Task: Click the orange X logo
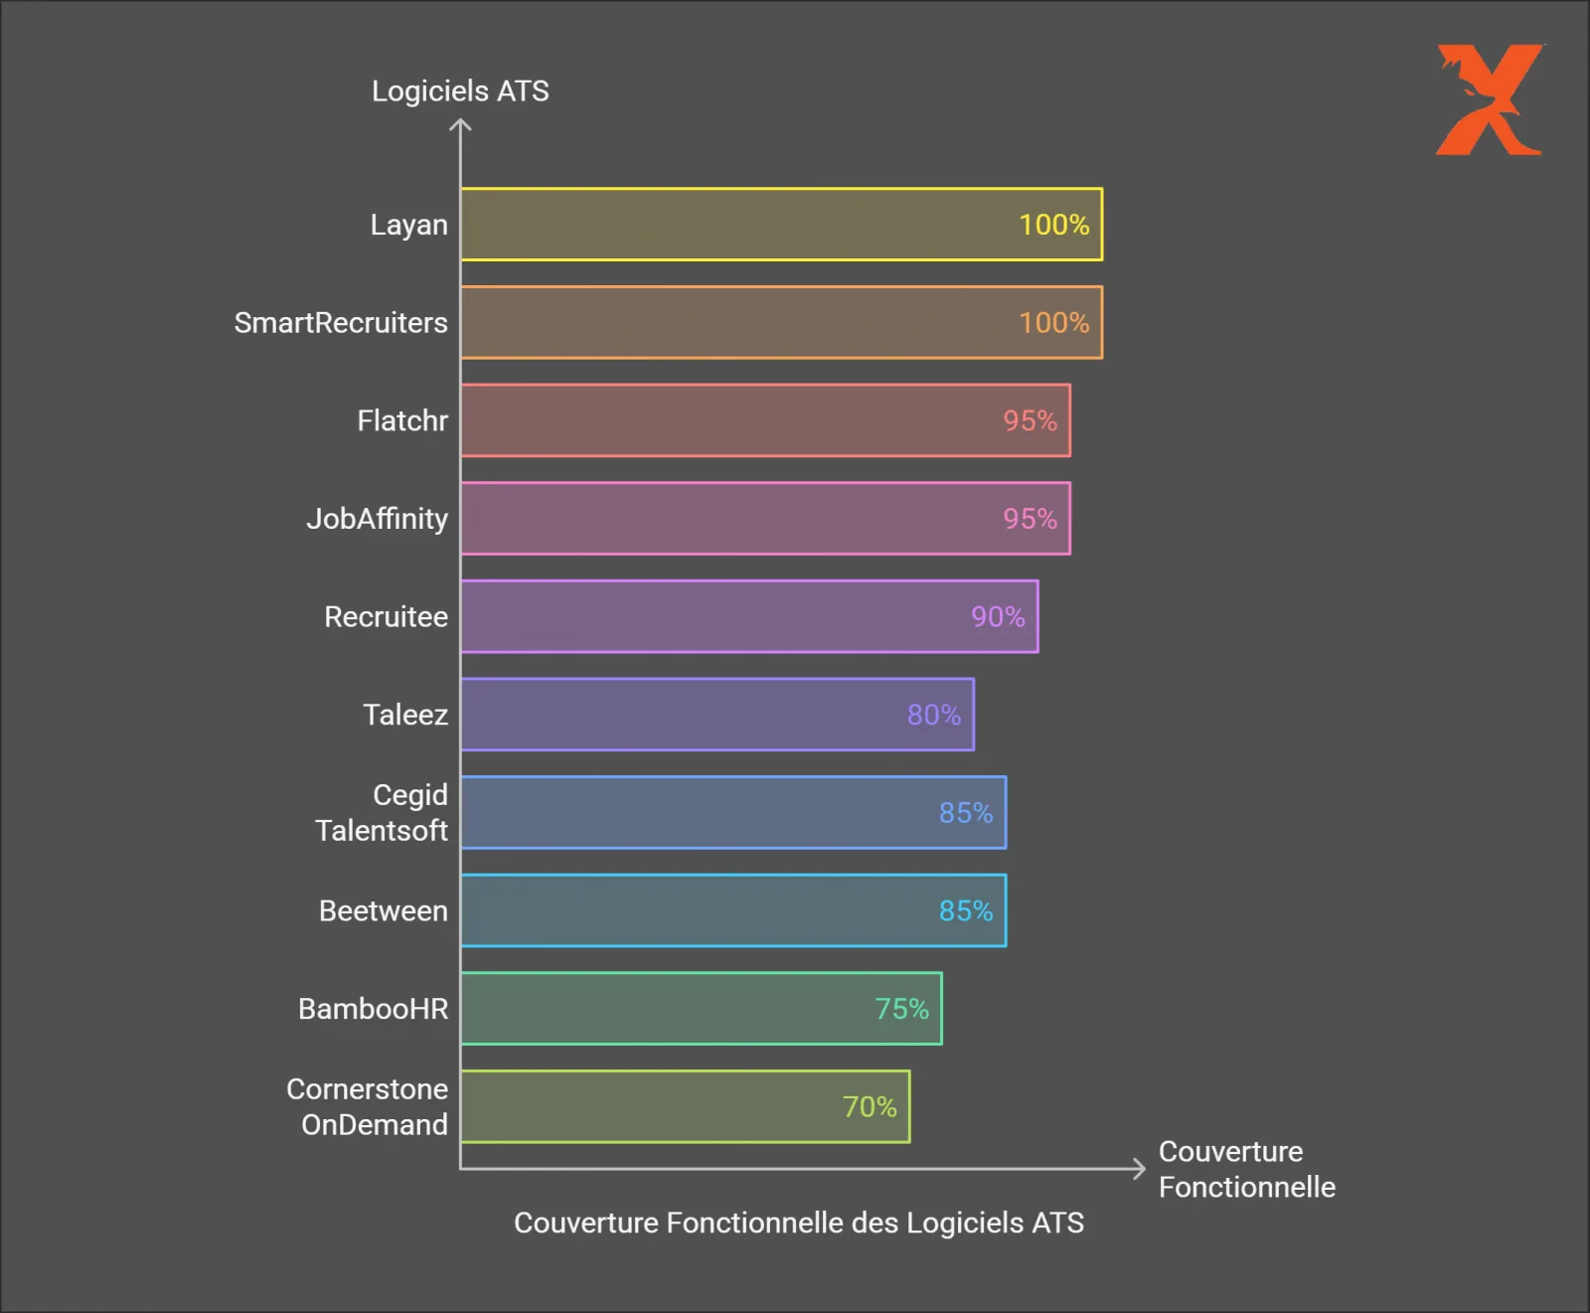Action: [1489, 99]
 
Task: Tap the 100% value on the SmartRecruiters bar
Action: [1053, 323]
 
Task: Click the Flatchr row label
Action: [402, 420]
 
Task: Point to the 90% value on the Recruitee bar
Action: [998, 617]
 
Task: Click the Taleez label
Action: [404, 715]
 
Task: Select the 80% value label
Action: [933, 715]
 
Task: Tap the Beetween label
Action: [383, 910]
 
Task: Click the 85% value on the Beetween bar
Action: [965, 910]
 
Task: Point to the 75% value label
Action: [901, 1009]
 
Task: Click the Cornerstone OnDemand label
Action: [367, 1107]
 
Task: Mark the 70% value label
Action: [870, 1107]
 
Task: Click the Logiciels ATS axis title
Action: [460, 91]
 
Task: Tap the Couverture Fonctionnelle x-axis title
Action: [1246, 1169]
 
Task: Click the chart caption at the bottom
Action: [798, 1223]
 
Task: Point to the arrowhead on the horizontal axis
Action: [1139, 1169]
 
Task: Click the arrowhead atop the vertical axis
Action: [460, 125]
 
